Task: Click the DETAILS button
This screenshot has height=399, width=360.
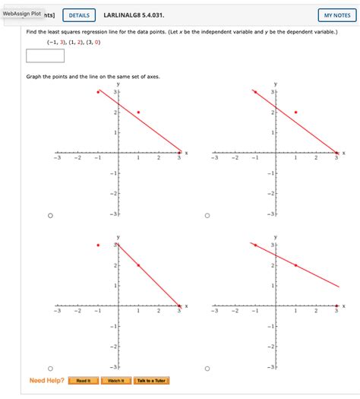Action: (79, 15)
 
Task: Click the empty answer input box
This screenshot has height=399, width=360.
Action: (45, 55)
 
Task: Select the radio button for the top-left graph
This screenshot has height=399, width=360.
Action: (50, 215)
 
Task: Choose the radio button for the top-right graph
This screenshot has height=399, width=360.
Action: (207, 215)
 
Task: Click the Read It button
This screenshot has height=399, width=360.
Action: (84, 380)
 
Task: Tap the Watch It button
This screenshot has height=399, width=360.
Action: (115, 380)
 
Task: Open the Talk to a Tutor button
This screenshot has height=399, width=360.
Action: (152, 380)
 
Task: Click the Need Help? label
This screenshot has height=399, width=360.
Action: (46, 380)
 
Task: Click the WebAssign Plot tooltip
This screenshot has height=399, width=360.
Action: (21, 13)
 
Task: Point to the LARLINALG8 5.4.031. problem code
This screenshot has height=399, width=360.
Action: (133, 15)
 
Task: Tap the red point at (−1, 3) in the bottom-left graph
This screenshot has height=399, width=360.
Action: (98, 245)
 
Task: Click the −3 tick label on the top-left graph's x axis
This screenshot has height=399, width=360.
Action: (56, 158)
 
